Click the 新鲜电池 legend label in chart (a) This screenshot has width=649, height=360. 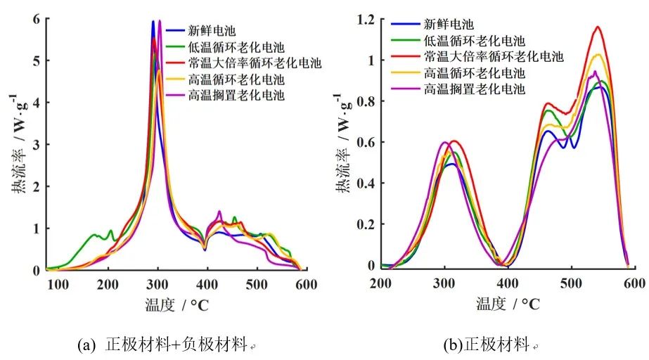[211, 30]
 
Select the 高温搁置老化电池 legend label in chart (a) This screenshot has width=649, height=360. [236, 95]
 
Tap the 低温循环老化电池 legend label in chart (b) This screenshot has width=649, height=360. [475, 40]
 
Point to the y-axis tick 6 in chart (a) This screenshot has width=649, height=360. [36, 19]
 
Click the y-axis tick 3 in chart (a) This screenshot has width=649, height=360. [36, 144]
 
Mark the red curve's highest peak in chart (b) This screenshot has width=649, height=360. [598, 27]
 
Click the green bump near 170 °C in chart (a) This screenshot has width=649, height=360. [94, 235]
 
